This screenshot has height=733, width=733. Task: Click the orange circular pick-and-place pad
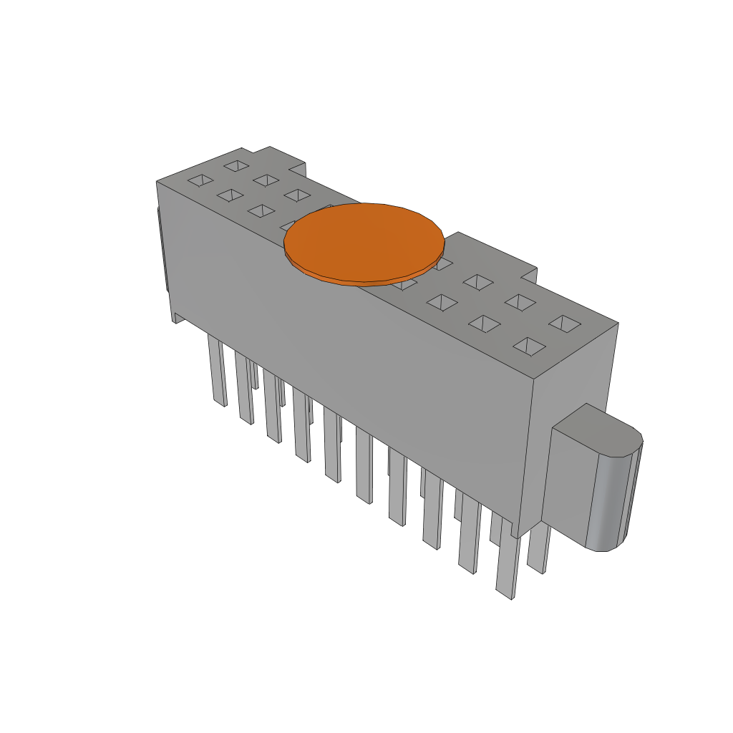point(364,242)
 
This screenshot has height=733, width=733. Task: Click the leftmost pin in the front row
point(217,372)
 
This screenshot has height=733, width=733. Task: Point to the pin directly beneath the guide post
point(538,548)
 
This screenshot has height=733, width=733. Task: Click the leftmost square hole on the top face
point(201,180)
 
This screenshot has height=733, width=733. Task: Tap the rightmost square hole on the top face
point(565,324)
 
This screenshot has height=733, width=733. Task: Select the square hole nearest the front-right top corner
point(530,347)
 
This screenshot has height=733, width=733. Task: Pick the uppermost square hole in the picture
point(235,166)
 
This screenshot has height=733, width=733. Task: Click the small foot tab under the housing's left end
point(176,317)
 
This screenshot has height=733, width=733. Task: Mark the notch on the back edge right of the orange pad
point(528,274)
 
